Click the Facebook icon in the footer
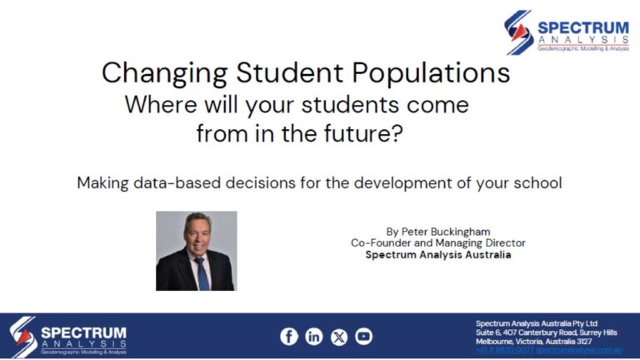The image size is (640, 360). (288, 337)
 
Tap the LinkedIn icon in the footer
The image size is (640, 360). (313, 337)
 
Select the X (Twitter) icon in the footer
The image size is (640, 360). (338, 337)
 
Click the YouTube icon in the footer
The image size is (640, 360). (363, 337)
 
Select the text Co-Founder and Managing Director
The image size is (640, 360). (437, 242)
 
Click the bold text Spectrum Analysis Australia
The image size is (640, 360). (437, 254)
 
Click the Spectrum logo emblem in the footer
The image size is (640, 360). (23, 337)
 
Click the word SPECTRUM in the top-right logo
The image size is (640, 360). (582, 27)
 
